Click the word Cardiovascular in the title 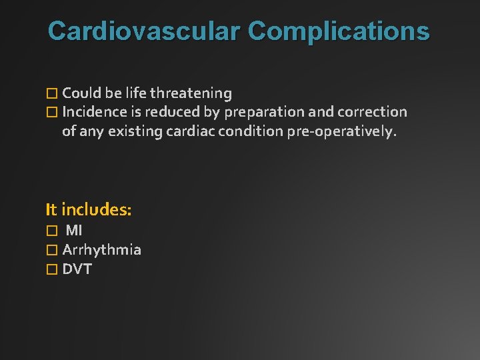tap(144, 31)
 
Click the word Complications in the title tap(339, 31)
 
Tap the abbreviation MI tap(74, 230)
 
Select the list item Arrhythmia tap(101, 250)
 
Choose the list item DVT tap(77, 269)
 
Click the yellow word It tap(51, 210)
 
